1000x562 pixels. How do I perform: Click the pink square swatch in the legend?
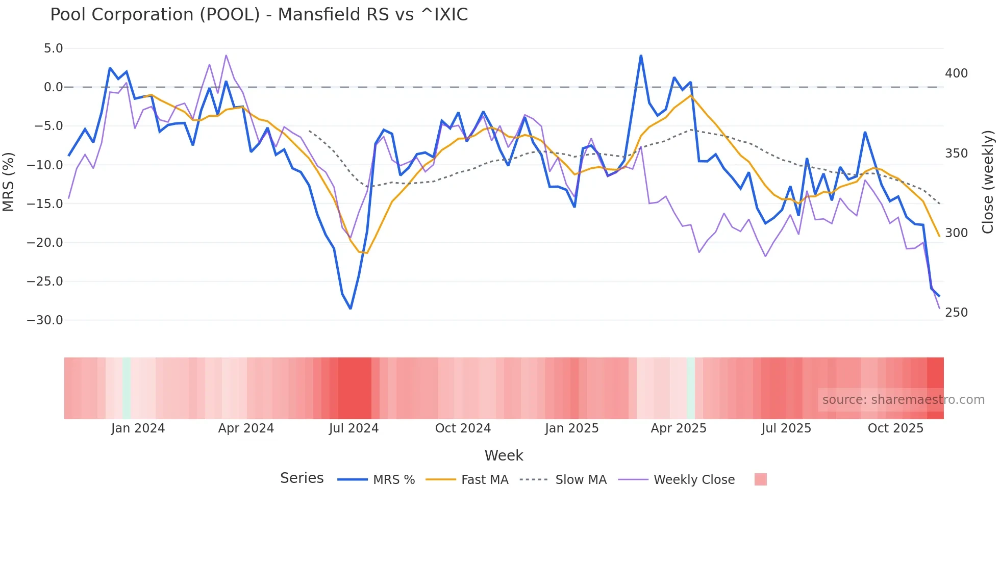coord(760,479)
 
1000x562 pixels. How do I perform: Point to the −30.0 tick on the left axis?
coord(45,320)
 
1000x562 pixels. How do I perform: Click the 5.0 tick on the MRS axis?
coord(53,48)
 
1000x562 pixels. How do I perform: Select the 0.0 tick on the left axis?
coord(53,87)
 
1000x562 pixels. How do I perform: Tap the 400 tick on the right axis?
coord(956,73)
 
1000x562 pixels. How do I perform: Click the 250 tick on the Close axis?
coord(956,313)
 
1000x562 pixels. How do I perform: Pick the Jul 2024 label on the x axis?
coord(354,428)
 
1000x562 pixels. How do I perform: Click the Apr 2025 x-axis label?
coord(679,428)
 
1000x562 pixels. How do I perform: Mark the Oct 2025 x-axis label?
coord(895,428)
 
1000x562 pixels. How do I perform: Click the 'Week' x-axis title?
coord(504,455)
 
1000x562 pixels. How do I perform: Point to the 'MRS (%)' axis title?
coord(9,182)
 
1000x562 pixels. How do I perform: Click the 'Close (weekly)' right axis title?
coord(988,182)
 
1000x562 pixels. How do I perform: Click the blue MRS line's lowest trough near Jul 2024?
coord(351,309)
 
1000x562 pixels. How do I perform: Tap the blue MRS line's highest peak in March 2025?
coord(641,56)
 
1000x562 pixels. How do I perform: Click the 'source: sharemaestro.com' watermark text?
coord(903,400)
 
